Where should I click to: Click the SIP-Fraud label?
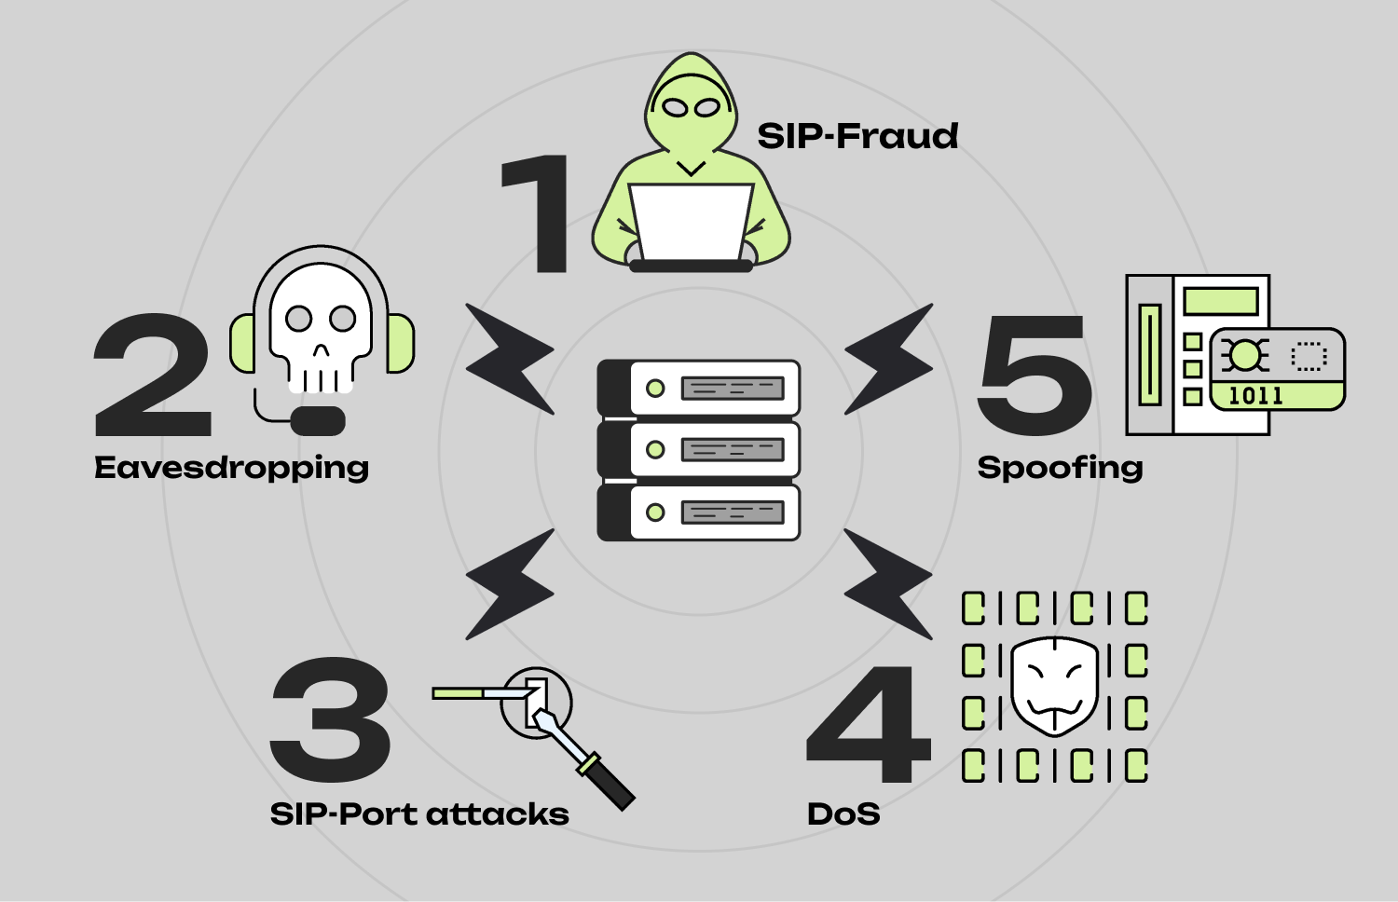(857, 136)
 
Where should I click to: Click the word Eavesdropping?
(231, 468)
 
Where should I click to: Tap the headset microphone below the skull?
(318, 420)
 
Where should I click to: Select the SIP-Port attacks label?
(419, 814)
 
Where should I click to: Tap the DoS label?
(843, 814)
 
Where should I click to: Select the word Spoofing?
(1060, 468)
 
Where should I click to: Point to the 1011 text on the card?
(1255, 396)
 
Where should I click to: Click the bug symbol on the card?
(1244, 355)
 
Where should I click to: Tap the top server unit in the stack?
(699, 388)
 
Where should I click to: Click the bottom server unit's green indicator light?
(655, 512)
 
